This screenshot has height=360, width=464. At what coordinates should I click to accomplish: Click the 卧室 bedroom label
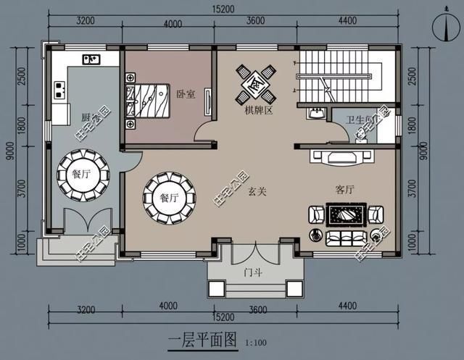pos(184,94)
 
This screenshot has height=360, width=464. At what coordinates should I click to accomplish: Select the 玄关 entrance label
pos(255,191)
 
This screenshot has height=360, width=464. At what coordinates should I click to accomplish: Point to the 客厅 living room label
pos(344,189)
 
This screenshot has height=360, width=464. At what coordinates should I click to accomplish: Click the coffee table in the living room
pos(347,214)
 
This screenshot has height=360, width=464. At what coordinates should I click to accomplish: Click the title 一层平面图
pos(203,339)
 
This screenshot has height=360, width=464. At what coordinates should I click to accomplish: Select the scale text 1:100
pos(255,341)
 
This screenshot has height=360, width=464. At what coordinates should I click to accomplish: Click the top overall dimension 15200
pos(223,9)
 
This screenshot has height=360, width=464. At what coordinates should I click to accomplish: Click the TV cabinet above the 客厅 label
pos(340,156)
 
